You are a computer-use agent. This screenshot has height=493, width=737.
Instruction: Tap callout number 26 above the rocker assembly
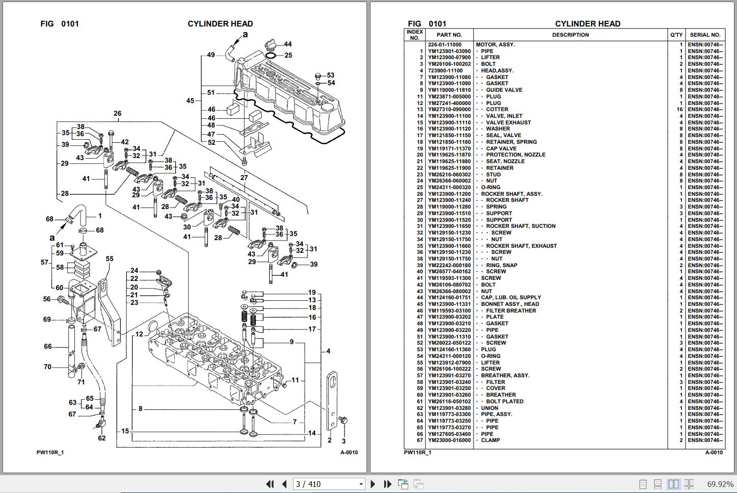(117, 114)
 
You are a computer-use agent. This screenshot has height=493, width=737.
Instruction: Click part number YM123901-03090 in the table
(449, 51)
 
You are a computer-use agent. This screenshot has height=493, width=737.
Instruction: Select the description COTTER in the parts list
(497, 109)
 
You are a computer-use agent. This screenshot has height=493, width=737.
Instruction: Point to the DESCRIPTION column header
(570, 35)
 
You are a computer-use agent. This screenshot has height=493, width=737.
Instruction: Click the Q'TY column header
(676, 35)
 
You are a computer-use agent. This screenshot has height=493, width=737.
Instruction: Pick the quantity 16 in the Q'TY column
(679, 109)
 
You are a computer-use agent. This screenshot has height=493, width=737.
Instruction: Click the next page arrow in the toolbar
(373, 484)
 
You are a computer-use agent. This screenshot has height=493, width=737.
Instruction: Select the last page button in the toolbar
(387, 484)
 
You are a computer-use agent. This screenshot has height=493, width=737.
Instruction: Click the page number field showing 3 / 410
(329, 484)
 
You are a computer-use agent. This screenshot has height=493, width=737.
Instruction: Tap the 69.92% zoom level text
(720, 484)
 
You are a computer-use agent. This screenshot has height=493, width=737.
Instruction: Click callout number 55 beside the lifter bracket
(110, 259)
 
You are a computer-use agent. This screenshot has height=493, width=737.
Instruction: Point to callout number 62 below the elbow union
(101, 438)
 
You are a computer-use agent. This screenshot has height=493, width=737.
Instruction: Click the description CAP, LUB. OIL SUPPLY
(511, 298)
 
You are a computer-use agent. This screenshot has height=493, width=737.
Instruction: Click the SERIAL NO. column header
(705, 35)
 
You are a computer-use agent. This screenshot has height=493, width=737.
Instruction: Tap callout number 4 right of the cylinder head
(328, 351)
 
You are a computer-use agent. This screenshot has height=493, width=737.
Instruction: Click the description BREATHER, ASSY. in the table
(506, 376)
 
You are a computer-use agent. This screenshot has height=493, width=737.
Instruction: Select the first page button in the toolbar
(270, 484)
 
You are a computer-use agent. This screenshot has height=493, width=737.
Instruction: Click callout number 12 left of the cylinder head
(139, 334)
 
